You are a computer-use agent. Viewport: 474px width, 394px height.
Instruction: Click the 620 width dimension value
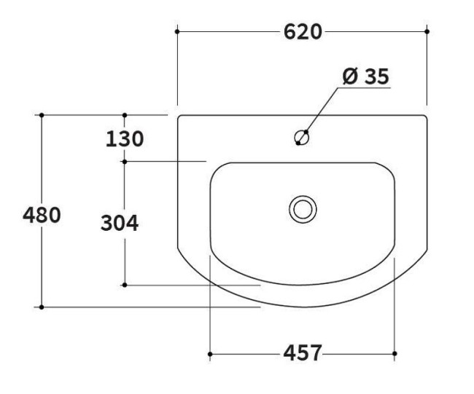(x=302, y=32)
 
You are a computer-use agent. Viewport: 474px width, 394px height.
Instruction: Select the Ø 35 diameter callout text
(x=365, y=76)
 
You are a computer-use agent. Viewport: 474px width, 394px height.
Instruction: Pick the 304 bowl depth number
(x=119, y=223)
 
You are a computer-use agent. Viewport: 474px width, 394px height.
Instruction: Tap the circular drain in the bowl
(x=302, y=208)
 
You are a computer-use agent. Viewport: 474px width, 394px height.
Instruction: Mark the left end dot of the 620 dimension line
(x=177, y=31)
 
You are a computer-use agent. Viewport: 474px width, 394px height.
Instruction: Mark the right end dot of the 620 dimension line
(x=427, y=31)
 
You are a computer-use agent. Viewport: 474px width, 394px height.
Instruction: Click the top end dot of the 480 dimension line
(x=42, y=115)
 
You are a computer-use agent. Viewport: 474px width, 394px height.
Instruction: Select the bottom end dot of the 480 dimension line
(x=42, y=307)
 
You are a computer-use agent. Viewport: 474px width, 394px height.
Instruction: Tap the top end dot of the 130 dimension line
(x=125, y=115)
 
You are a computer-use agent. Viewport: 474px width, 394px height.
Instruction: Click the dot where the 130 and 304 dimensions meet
(x=125, y=161)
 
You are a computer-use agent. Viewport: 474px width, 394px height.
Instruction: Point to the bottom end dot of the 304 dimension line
(x=125, y=285)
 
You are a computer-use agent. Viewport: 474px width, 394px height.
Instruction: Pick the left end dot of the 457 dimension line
(x=210, y=354)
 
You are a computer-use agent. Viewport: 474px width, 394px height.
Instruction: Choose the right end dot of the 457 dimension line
(x=395, y=354)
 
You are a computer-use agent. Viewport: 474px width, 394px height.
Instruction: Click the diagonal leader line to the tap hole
(x=321, y=111)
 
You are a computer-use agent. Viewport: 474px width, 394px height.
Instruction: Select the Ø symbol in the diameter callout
(x=349, y=76)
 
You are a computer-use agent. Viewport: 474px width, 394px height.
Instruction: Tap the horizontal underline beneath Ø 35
(x=365, y=88)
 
